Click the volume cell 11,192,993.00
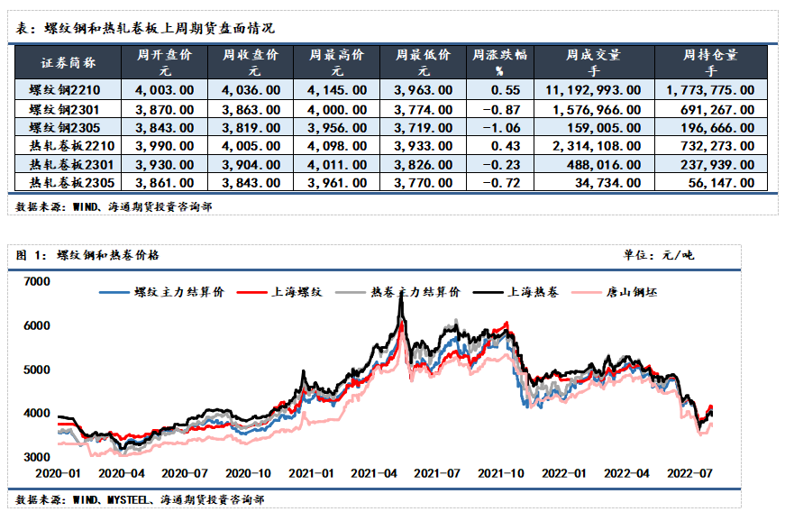tap(593, 90)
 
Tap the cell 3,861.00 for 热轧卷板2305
tap(165, 183)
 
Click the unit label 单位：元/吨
tap(659, 256)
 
